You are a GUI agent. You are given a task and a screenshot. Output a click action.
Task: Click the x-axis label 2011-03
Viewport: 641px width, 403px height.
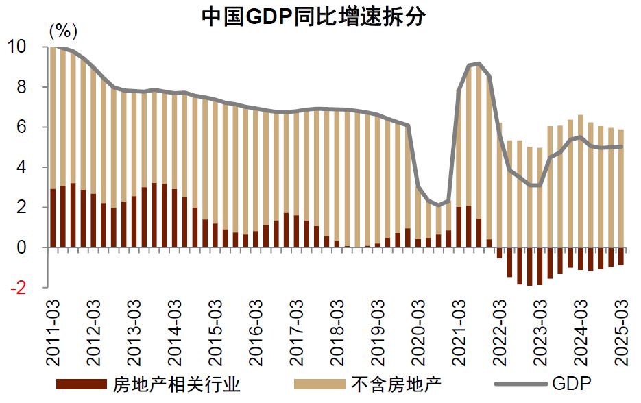click(x=54, y=331)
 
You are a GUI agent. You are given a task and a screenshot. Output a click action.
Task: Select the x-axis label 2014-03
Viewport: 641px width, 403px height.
click(x=175, y=331)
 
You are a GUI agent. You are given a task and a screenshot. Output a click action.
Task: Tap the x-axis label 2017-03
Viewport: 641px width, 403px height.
click(x=295, y=331)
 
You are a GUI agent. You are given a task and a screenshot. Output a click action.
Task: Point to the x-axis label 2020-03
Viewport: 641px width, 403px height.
click(x=417, y=331)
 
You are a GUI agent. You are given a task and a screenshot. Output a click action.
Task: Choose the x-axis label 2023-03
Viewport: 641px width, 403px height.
click(x=538, y=331)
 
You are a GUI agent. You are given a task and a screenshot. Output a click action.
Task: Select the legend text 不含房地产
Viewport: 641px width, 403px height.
click(x=398, y=383)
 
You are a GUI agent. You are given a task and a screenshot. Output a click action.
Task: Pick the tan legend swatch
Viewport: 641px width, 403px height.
click(x=322, y=383)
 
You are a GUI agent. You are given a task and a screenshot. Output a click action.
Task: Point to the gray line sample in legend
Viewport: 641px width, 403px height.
click(x=520, y=383)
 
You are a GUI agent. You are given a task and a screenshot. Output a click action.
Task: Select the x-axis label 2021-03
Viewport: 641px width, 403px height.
click(x=457, y=331)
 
